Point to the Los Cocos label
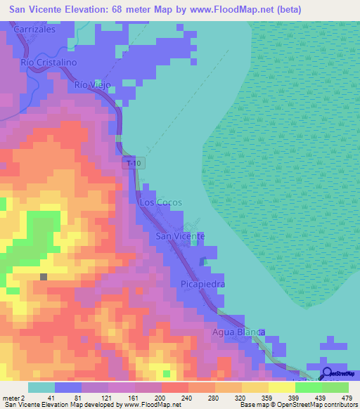(x=161, y=202)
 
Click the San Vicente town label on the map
(x=180, y=236)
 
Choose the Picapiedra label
(x=202, y=285)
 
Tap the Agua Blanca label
(x=239, y=331)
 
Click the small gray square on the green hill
(x=44, y=277)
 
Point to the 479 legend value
(x=347, y=398)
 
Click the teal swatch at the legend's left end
(x=41, y=387)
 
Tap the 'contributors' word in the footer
(x=339, y=405)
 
